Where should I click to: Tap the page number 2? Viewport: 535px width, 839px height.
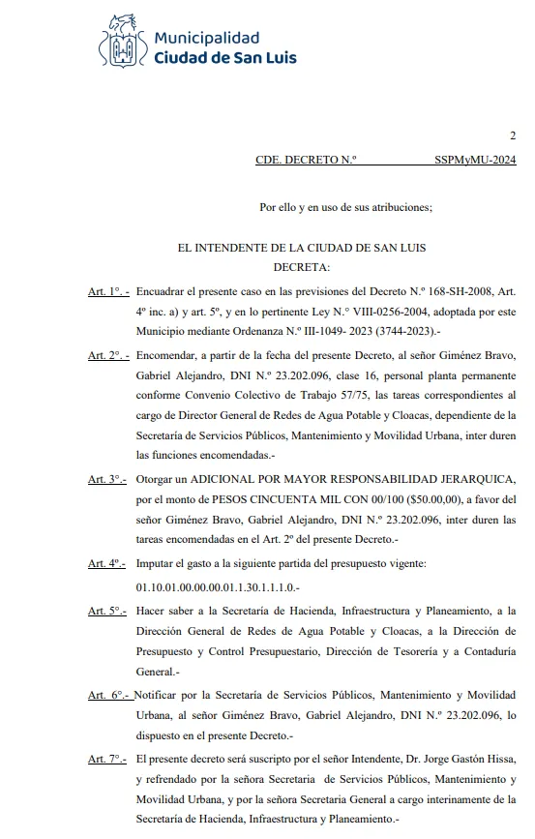coord(513,135)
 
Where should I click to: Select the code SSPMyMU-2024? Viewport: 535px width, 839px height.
coord(476,162)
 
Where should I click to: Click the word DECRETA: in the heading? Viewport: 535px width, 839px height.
coord(302,266)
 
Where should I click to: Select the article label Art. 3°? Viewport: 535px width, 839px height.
coord(107,480)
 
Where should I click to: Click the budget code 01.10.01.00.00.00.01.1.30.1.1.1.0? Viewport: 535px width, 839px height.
coord(218,587)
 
